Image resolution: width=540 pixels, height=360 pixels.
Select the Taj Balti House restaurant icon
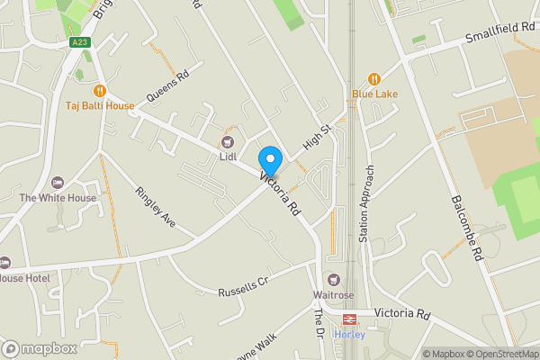click(x=100, y=90)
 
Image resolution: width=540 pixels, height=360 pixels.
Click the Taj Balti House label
click(x=100, y=106)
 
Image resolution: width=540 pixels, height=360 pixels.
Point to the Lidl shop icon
click(x=228, y=141)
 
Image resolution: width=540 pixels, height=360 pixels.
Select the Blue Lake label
click(x=374, y=94)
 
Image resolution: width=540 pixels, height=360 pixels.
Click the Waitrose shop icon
click(x=335, y=280)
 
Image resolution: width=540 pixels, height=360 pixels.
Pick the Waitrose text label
click(x=334, y=295)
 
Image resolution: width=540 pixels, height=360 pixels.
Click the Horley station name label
click(x=348, y=333)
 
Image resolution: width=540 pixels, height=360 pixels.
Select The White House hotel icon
click(x=58, y=183)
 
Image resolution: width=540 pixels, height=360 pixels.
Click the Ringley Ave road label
click(x=156, y=205)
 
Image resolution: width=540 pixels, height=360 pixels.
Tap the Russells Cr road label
click(x=244, y=287)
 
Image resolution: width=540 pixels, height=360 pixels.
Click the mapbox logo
click(x=40, y=348)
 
